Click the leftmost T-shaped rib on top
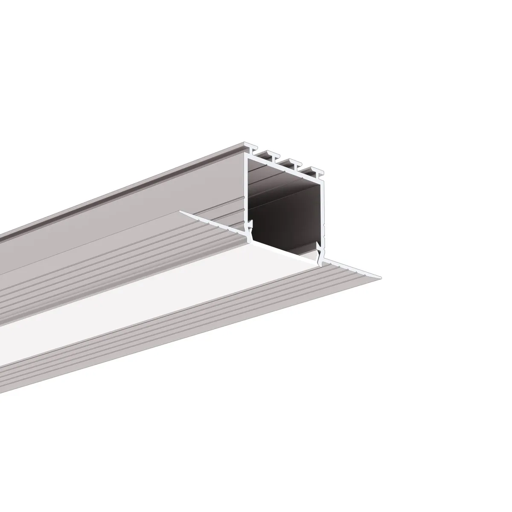(254, 150)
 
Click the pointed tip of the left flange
(181, 211)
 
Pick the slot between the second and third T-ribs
(284, 161)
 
